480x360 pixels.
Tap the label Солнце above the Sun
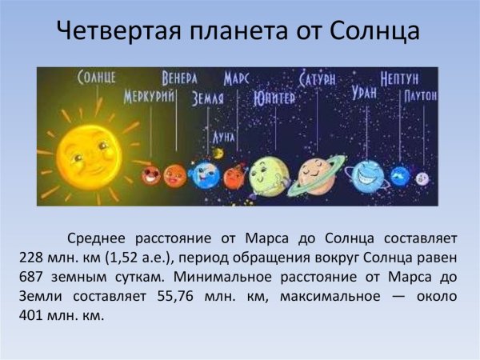pyautogui.click(x=97, y=78)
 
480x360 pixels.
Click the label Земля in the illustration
pyautogui.click(x=207, y=98)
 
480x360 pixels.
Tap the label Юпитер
pyautogui.click(x=274, y=98)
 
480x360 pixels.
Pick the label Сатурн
pyautogui.click(x=318, y=79)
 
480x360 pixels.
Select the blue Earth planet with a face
pyautogui.click(x=205, y=174)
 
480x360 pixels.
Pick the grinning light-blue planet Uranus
pyautogui.click(x=368, y=173)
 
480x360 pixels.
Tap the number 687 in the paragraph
pyautogui.click(x=32, y=275)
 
